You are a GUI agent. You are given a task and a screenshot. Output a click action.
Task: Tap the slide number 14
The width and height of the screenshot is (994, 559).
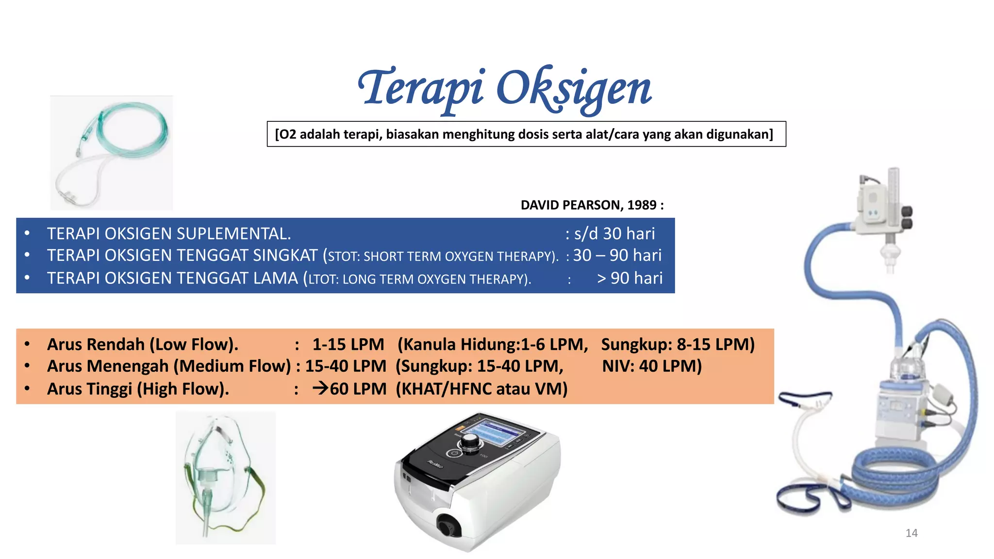tap(911, 533)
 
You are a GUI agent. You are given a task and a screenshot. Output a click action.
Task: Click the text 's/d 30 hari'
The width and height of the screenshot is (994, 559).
tap(614, 234)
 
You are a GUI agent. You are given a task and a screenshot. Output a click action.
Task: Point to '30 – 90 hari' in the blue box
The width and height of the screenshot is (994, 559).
tap(617, 255)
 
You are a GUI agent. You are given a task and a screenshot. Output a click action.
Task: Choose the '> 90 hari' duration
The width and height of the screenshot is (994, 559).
tap(630, 278)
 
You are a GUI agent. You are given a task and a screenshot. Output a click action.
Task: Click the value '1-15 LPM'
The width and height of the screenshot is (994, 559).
tap(348, 345)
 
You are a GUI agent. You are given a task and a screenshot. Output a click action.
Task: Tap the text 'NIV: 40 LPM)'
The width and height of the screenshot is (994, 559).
tap(652, 366)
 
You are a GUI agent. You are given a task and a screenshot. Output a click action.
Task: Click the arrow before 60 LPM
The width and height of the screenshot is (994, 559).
tap(320, 388)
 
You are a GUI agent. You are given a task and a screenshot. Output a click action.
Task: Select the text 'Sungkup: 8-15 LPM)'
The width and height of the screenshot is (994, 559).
tap(678, 345)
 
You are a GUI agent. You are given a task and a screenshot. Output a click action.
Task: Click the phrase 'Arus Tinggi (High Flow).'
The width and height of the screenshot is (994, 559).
tap(138, 389)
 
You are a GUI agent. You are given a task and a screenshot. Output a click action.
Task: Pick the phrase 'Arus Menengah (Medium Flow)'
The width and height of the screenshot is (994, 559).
tap(169, 366)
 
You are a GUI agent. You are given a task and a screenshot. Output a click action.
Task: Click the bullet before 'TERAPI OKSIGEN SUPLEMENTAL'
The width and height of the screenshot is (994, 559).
tap(27, 233)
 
